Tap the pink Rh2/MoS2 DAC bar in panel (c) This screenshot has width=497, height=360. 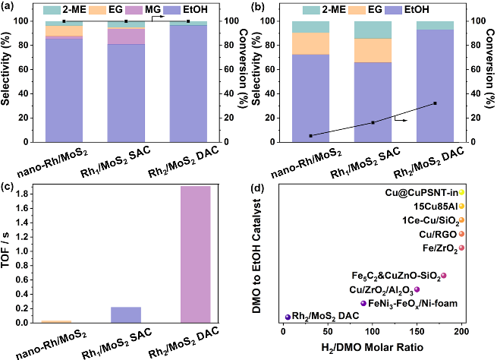195,254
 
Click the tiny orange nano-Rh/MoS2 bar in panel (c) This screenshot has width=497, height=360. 56,322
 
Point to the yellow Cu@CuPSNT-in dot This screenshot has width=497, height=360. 461,193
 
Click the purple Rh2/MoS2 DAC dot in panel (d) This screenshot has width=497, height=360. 288,317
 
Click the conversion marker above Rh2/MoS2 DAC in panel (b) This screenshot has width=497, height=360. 435,103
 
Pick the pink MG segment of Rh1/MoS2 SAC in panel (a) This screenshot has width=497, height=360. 126,36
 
